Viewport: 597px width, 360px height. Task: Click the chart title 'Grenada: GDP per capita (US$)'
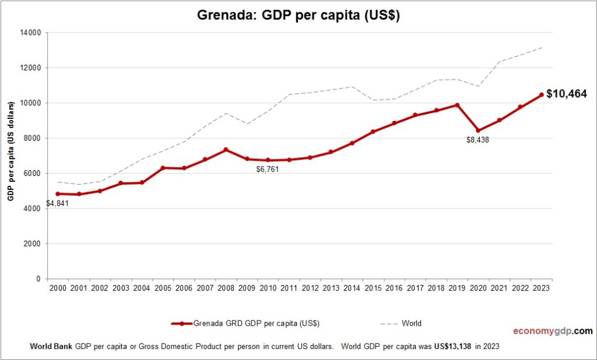pos(299,16)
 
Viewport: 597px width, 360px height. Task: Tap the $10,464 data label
pos(566,94)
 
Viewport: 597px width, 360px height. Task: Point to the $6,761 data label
pos(268,169)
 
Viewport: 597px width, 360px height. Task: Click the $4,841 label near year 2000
pos(57,204)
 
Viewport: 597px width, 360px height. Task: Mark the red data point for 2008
pos(226,150)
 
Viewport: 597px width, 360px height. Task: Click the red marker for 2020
pos(478,130)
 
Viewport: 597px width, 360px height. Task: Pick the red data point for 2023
pos(541,95)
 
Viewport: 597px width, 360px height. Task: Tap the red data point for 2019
pos(457,105)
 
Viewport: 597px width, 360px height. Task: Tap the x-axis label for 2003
pos(121,288)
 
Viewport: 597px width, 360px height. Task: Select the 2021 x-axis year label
pos(499,288)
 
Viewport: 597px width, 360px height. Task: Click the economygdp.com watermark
pos(552,331)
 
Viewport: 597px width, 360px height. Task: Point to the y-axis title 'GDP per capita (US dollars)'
pos(10,151)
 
